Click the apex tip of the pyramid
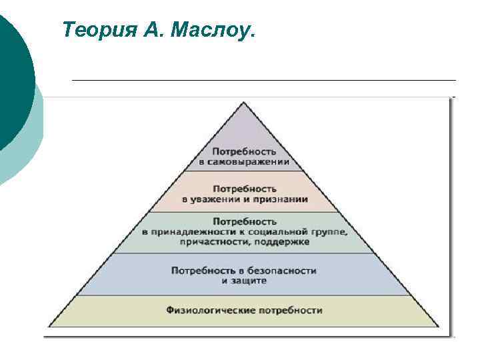(x=244, y=103)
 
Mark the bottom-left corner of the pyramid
(x=49, y=326)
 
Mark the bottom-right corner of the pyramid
(x=439, y=326)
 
